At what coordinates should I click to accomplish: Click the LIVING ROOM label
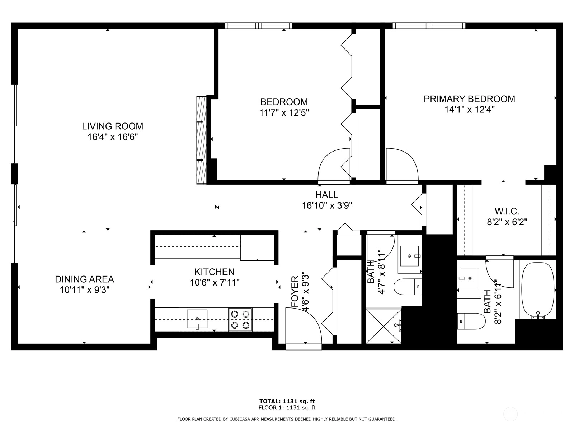pos(112,126)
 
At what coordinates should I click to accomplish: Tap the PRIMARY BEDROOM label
pos(469,99)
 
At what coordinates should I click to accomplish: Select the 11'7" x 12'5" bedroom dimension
pos(284,112)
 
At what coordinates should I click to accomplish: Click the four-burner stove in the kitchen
pos(240,320)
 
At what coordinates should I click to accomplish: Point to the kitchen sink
pos(197,319)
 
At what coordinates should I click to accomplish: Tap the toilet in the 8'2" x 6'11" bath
pos(471,321)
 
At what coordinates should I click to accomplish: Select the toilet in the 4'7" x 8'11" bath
pos(408,287)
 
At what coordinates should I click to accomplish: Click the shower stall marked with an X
pos(384,326)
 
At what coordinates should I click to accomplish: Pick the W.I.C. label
pos(507,211)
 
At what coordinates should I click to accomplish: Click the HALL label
pos(326,195)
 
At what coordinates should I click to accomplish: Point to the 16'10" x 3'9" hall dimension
pos(327,206)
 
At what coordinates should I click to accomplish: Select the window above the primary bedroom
pos(429,26)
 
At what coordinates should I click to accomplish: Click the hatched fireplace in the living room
pos(201,140)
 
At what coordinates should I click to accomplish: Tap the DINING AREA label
pos(84,279)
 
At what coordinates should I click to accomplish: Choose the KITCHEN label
pos(215,272)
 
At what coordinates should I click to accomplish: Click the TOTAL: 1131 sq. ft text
pos(287,401)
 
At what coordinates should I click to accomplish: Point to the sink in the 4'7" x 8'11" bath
pos(410,256)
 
